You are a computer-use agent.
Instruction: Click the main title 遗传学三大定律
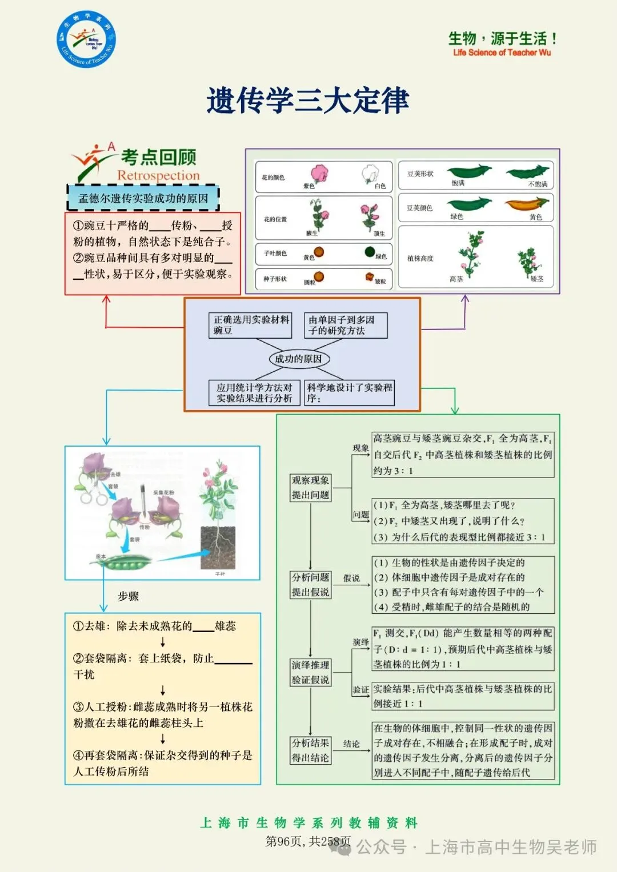308,101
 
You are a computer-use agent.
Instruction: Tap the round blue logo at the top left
86,39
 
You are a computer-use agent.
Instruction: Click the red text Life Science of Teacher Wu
502,53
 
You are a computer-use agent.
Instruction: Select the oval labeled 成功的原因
298,359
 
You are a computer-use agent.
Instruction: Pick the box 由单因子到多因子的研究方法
345,325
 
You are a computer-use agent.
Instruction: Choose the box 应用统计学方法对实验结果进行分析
254,393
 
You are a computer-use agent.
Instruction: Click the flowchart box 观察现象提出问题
310,488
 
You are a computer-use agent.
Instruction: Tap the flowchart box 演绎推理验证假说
310,672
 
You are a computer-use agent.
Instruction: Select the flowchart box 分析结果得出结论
310,750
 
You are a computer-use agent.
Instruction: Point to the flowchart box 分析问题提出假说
310,585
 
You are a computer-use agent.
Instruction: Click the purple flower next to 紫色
319,174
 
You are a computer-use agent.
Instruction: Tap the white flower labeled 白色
371,173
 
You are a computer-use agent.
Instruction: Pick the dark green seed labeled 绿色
370,252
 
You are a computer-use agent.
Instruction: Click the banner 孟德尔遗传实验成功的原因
143,199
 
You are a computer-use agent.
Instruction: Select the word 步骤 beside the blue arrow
129,596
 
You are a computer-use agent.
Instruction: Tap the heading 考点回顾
158,157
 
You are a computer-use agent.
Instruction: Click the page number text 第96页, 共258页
308,841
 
